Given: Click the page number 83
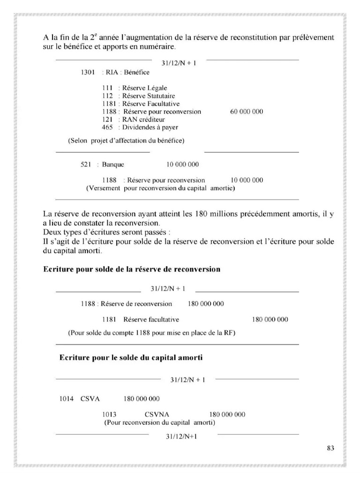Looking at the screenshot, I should pos(330,448).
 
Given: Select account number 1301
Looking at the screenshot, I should pos(88,73).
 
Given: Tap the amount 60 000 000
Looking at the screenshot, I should pos(247,112).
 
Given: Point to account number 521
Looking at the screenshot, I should pos(85,165).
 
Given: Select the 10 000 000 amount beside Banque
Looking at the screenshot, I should pos(182,165).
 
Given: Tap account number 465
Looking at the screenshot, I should pos(108,127).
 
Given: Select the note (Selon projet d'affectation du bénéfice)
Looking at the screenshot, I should pos(126,141).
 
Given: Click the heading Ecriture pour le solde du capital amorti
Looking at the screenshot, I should pos(131,358).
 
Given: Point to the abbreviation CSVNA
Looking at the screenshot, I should pos(157,415).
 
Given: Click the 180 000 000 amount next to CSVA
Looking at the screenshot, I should pos(141,399).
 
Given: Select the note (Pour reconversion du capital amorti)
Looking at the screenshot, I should pos(159,422).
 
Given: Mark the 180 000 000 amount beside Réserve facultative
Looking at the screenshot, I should pos(270,320).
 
